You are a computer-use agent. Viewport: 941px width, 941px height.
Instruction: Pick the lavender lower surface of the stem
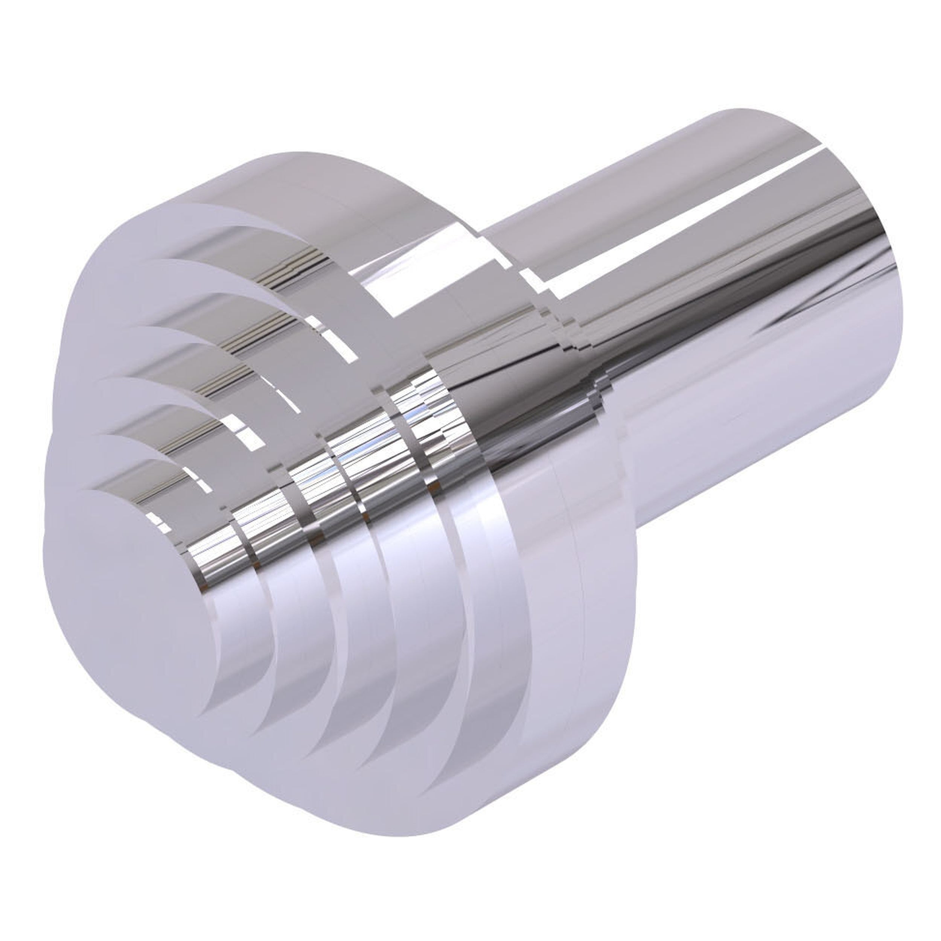coord(755,439)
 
